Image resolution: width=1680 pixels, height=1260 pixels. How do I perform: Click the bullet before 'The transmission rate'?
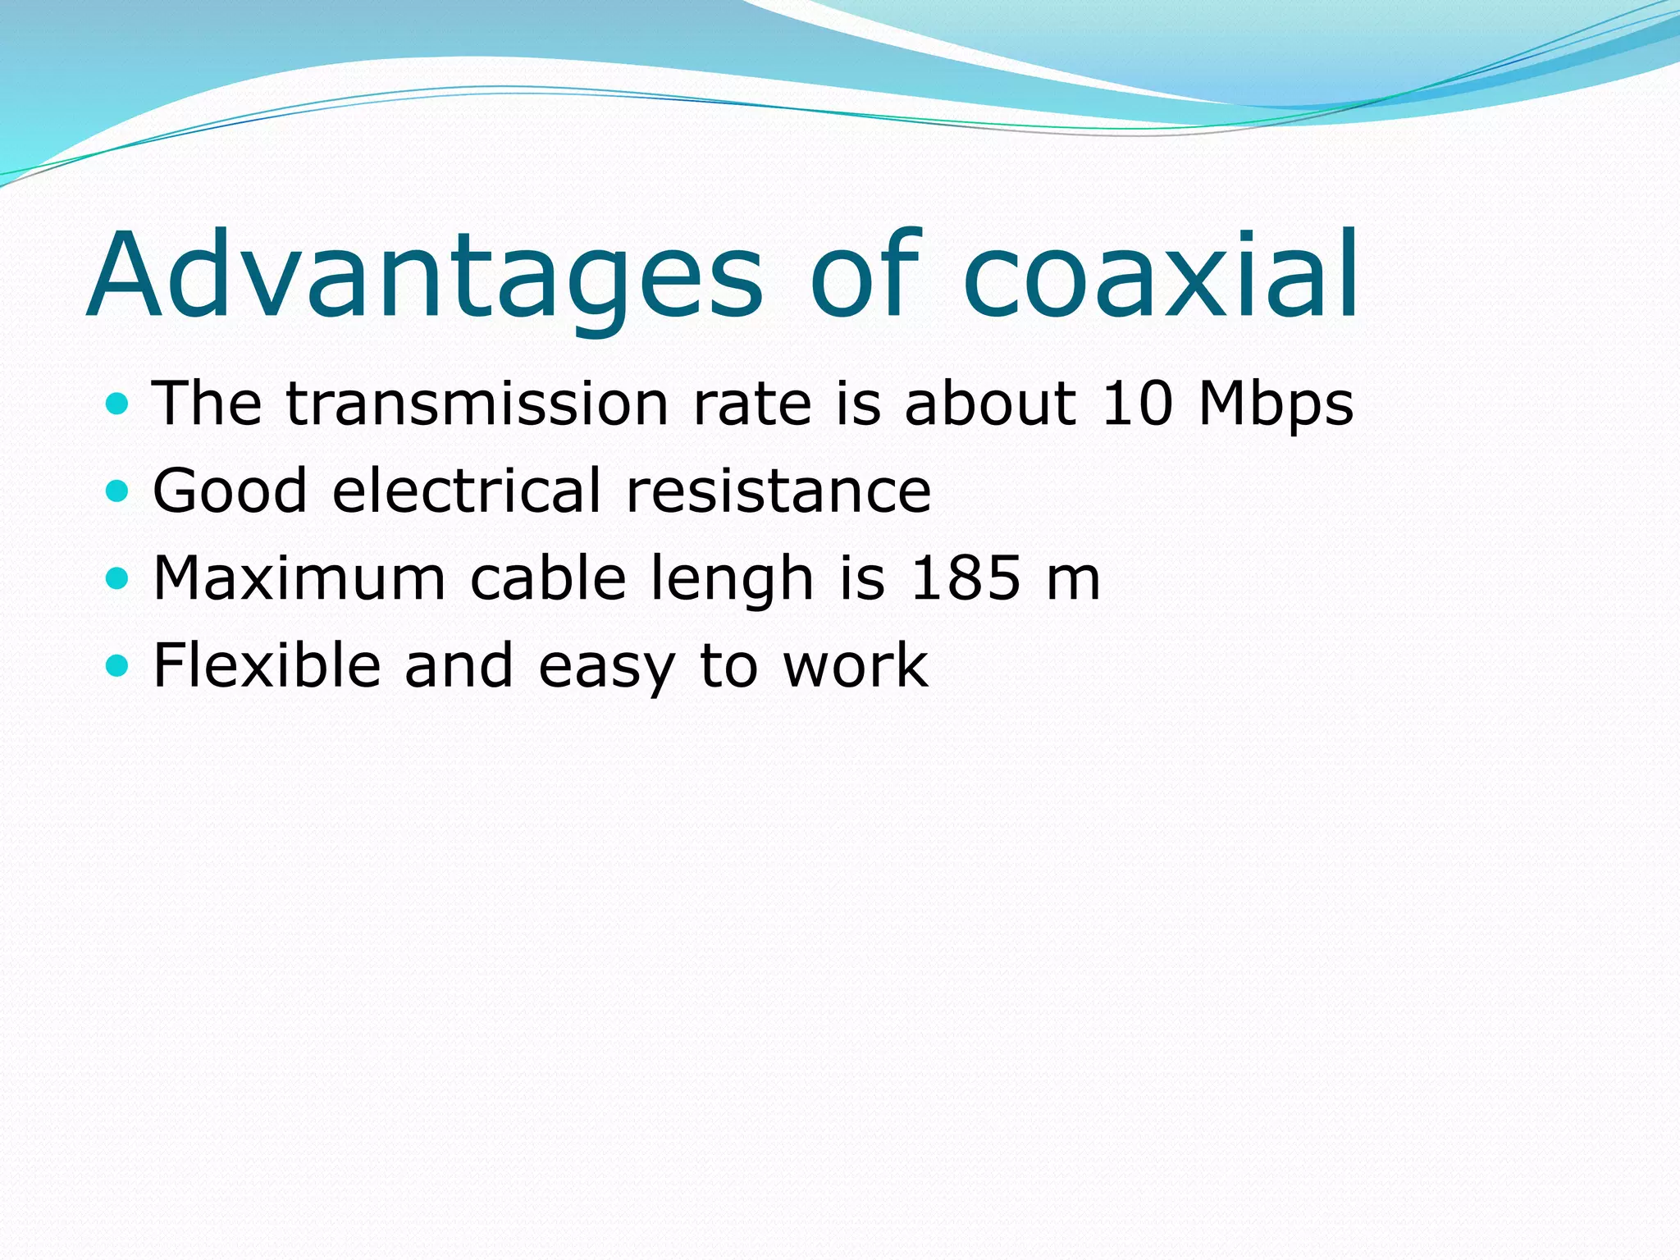click(118, 404)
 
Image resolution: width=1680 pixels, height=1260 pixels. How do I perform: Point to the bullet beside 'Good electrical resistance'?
click(118, 491)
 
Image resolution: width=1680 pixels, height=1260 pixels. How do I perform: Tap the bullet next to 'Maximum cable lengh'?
click(118, 579)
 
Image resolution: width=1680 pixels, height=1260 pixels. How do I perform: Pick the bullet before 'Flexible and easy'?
click(118, 665)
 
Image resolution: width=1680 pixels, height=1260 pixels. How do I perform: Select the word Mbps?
click(1276, 405)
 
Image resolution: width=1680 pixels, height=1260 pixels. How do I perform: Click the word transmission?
click(477, 404)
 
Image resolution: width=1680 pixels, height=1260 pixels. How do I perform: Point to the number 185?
click(966, 578)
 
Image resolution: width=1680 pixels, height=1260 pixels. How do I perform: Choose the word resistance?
click(778, 491)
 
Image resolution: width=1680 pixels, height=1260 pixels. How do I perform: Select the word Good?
click(231, 491)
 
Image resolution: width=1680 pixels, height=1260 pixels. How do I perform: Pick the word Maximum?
click(299, 578)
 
